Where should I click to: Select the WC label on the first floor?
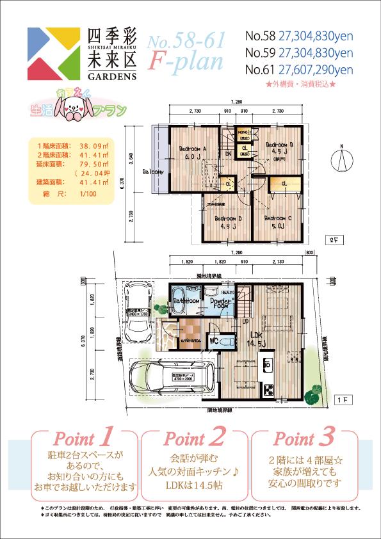(x=215, y=341)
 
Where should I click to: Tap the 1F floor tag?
(x=343, y=399)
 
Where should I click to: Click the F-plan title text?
(x=186, y=61)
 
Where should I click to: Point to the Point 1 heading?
(x=84, y=439)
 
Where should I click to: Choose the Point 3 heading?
(x=303, y=439)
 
